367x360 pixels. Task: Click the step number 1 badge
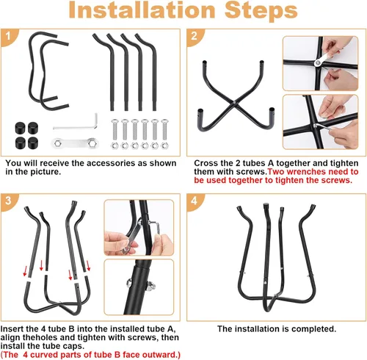(8, 36)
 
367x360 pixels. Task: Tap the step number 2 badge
(194, 36)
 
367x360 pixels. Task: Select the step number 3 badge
(8, 201)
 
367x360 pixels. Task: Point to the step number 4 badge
(194, 201)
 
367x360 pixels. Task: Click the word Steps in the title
(261, 11)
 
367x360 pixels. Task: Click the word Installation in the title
(142, 10)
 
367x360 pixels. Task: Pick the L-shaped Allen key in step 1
(76, 123)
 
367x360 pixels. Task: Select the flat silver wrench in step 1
(74, 143)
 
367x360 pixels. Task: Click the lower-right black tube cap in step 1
(33, 143)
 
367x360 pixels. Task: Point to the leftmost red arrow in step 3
(25, 271)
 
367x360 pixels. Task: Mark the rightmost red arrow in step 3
(88, 266)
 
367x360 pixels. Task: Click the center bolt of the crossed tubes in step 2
(234, 103)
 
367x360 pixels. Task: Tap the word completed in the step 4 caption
(313, 329)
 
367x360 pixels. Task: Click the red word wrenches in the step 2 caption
(306, 172)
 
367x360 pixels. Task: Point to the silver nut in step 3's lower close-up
(150, 287)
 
